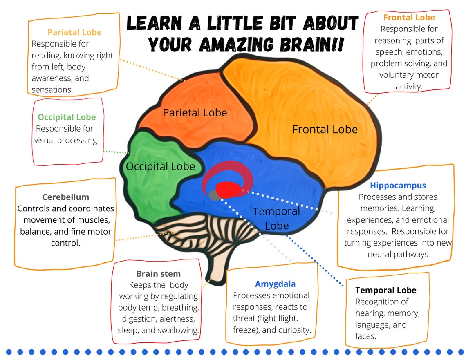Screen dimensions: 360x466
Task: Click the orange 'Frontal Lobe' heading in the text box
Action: click(409, 18)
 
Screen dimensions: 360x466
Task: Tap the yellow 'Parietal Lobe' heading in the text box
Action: click(74, 32)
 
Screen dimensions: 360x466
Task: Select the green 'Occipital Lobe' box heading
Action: click(67, 117)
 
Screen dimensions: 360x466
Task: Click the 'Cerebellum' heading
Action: click(65, 197)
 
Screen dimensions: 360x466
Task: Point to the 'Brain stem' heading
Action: click(158, 273)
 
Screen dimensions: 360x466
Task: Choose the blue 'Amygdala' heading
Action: click(275, 284)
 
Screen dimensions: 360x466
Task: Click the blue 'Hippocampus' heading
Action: click(398, 186)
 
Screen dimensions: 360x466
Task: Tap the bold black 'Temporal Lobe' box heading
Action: click(385, 290)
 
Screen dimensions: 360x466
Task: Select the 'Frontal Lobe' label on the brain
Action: click(325, 130)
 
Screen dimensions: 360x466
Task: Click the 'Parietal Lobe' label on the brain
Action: click(195, 112)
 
